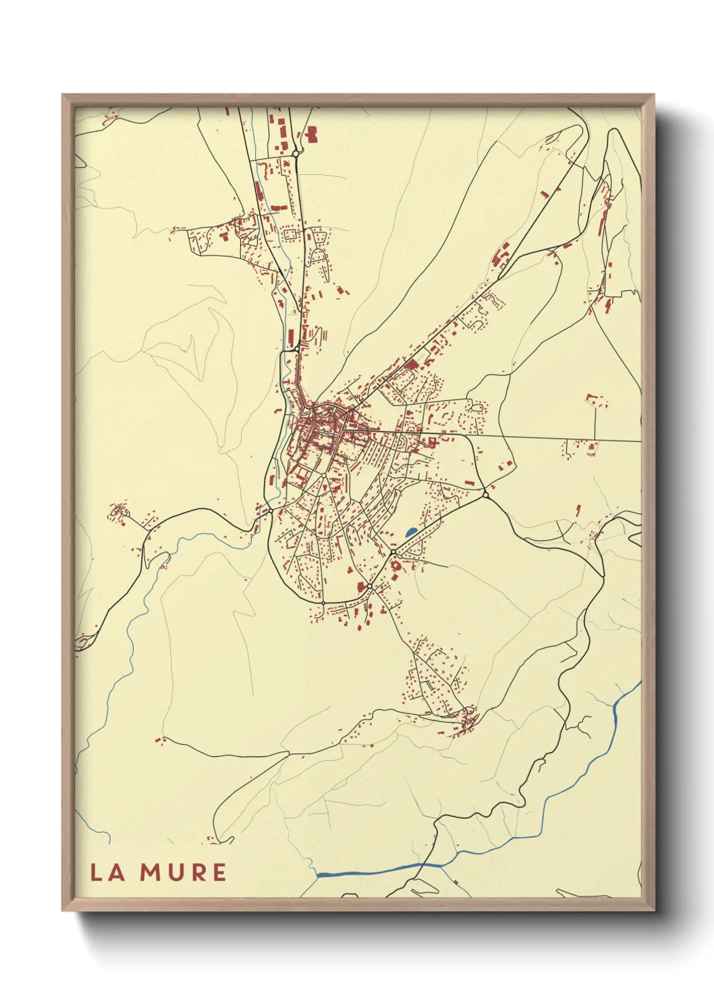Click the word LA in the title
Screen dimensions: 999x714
tap(107, 872)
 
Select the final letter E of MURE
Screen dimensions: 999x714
tap(219, 872)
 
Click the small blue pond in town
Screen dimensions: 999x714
tap(410, 533)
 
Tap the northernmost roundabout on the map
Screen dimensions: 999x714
tap(296, 154)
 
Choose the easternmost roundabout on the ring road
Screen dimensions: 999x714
tap(485, 495)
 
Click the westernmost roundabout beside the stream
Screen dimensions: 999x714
tap(270, 510)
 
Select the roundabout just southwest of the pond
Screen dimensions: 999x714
tap(393, 553)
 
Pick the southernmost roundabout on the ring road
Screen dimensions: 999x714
tap(324, 602)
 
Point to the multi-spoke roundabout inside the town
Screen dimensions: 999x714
tap(324, 476)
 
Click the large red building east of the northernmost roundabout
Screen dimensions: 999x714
tap(312, 134)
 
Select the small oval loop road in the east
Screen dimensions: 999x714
tap(479, 408)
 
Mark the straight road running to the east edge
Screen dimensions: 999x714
tap(560, 438)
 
